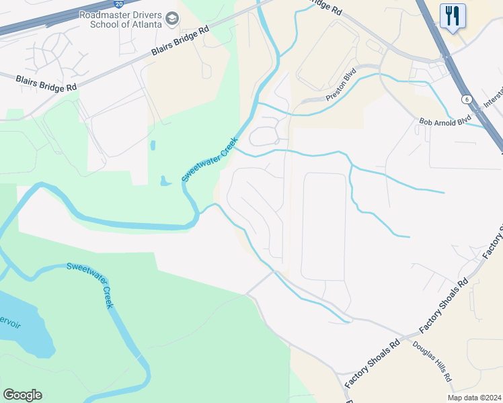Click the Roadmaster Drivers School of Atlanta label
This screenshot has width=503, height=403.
coord(121,19)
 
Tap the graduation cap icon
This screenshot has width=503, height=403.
coord(173,19)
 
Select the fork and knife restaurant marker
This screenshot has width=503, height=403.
coord(453,15)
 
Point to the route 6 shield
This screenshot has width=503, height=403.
coord(465,99)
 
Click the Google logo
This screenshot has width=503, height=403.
coord(22,395)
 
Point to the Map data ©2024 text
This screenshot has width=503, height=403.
coord(473,397)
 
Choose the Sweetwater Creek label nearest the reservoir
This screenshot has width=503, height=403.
coord(89,285)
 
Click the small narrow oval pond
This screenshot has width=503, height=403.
coord(153,144)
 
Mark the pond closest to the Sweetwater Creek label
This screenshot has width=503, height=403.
coord(164,180)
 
